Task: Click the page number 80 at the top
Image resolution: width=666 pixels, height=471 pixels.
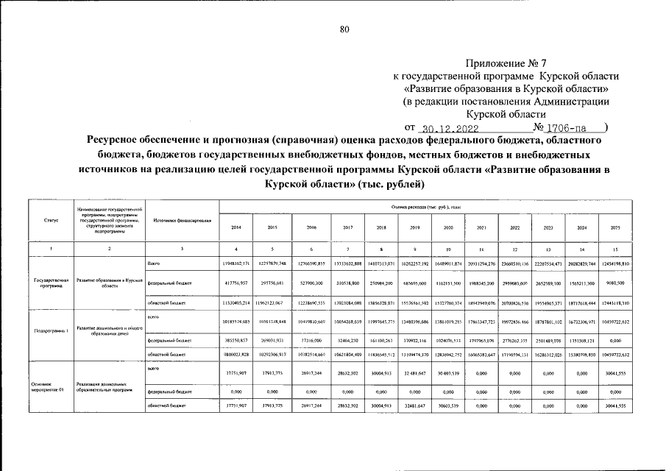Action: [x=344, y=29]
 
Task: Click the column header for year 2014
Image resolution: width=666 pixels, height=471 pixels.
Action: [x=235, y=227]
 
